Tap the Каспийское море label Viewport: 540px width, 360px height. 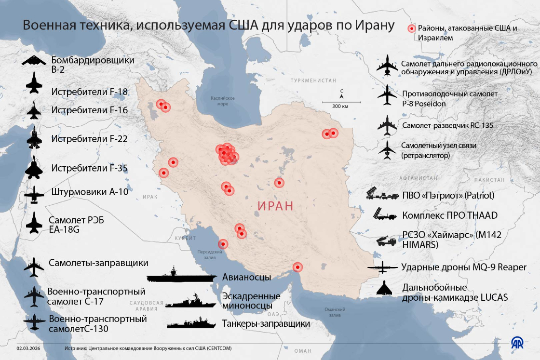[x=223, y=101]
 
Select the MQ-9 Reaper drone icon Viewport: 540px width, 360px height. [x=383, y=267]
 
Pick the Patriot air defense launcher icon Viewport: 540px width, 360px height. [x=383, y=194]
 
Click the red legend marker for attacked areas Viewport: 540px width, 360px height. [x=411, y=29]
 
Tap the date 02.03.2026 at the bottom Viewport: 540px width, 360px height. [x=28, y=347]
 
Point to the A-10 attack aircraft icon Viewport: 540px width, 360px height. [x=34, y=194]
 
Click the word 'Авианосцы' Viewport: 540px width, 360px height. [x=246, y=277]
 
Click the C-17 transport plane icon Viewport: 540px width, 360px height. [x=34, y=296]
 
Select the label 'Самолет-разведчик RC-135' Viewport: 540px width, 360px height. [x=447, y=125]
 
